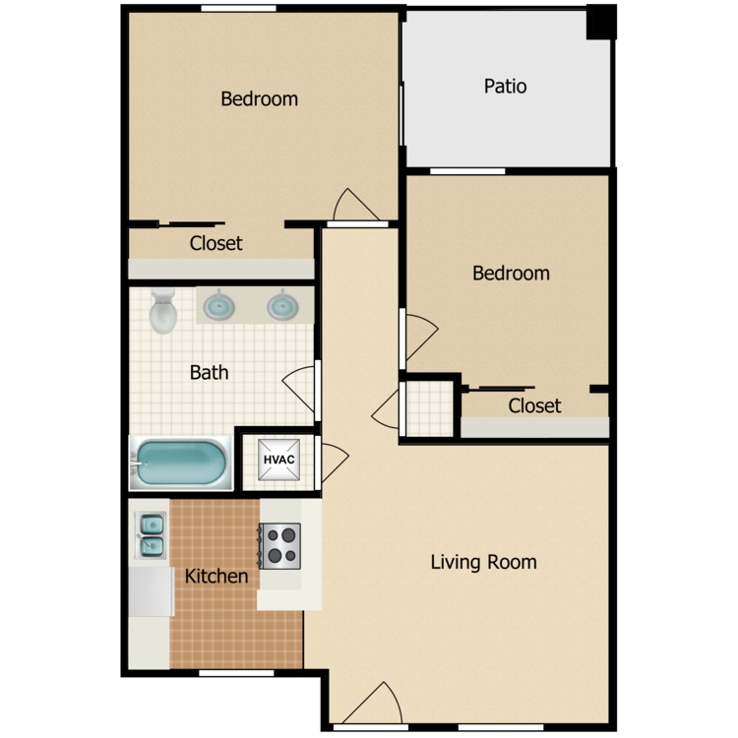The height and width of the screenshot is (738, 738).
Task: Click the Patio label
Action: tap(505, 87)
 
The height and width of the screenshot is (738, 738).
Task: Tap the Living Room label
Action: tap(483, 562)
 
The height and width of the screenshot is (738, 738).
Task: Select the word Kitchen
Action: tap(216, 576)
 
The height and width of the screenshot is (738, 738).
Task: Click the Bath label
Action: tap(209, 372)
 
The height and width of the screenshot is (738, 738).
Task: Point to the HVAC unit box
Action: tap(278, 460)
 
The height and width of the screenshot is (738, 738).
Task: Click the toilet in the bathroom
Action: tap(162, 311)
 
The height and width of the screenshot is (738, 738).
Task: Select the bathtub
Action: tap(181, 463)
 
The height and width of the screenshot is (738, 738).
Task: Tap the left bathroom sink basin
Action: tap(218, 306)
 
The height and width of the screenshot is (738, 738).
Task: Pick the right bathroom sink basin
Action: tap(282, 306)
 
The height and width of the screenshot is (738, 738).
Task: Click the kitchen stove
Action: tap(279, 546)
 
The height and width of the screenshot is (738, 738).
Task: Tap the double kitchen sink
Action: tap(151, 535)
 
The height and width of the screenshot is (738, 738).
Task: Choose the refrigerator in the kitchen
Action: tap(152, 591)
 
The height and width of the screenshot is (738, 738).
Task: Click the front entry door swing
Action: tap(372, 704)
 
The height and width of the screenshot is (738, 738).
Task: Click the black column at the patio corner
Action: tap(601, 22)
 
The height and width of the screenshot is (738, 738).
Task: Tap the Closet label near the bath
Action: tap(215, 243)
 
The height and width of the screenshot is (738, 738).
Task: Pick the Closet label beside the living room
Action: tap(534, 405)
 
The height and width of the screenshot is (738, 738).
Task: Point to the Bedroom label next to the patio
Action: tap(511, 274)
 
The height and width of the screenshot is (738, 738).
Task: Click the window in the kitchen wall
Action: tap(236, 673)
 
